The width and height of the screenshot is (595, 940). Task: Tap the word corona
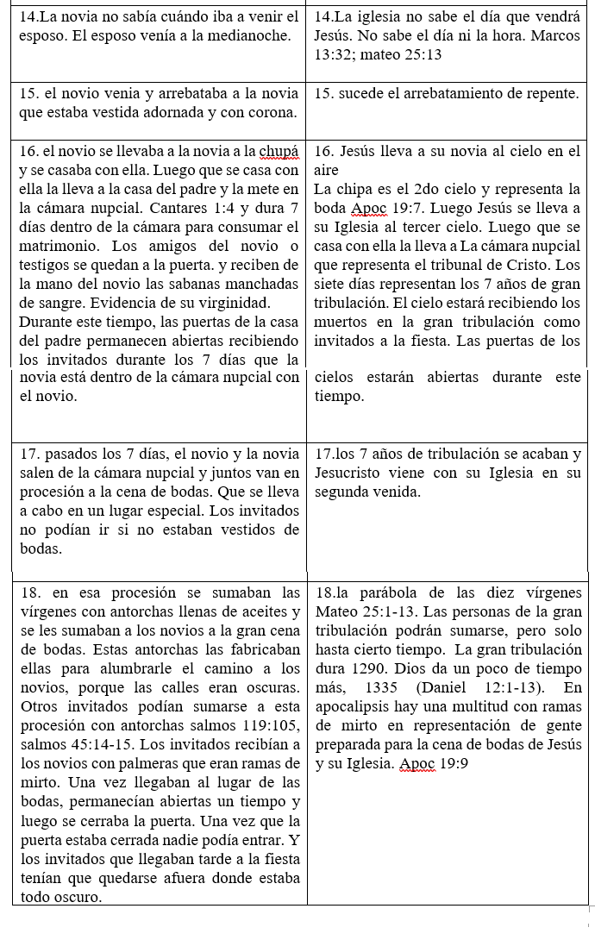(266, 114)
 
